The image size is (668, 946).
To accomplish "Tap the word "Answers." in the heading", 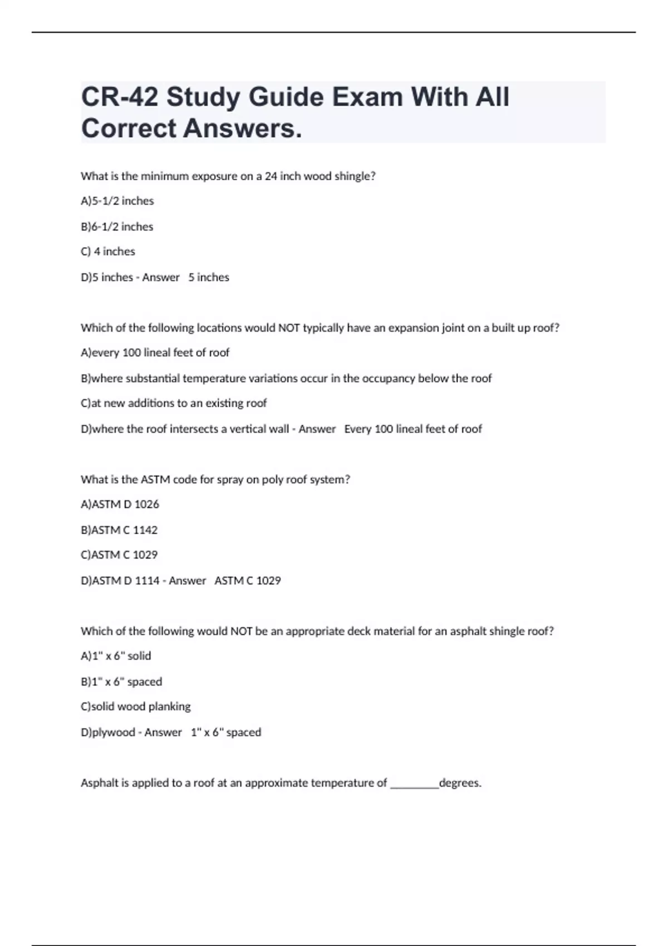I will (x=243, y=129).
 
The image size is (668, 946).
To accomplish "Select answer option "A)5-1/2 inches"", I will (x=117, y=201).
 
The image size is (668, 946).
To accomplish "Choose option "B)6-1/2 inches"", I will (x=117, y=226).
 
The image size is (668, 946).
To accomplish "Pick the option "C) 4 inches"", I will (x=108, y=252).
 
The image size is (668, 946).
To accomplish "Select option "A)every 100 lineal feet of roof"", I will (x=155, y=353).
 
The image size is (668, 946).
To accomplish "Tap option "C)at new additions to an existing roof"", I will (x=174, y=403).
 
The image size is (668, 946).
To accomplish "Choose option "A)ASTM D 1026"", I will (x=120, y=504).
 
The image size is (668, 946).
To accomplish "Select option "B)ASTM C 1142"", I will (x=119, y=530).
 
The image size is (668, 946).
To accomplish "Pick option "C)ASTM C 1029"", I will (x=119, y=555).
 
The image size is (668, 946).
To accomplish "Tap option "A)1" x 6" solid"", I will (x=116, y=656).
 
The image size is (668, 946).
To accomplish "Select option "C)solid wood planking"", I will (x=136, y=707).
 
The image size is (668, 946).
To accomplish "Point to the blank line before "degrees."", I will (x=414, y=785).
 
